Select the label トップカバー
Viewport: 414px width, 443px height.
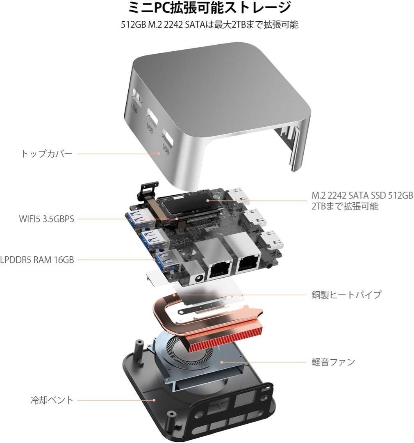(x=47, y=154)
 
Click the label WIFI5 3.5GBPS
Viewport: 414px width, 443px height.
(x=47, y=219)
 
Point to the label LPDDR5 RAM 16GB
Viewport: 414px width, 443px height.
(x=37, y=259)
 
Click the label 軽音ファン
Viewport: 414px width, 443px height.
(x=333, y=362)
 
